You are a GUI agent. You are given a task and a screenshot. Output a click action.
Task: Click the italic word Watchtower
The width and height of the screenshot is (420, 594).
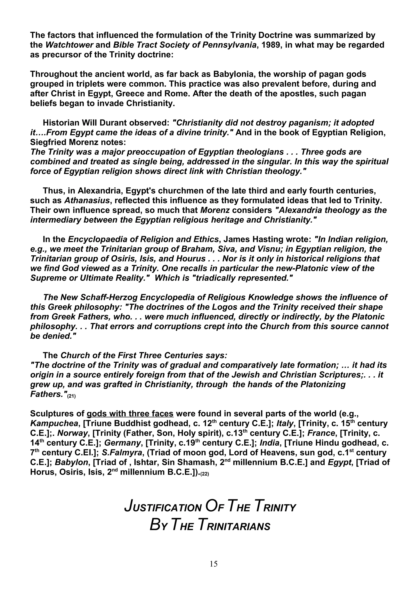point(69,45)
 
